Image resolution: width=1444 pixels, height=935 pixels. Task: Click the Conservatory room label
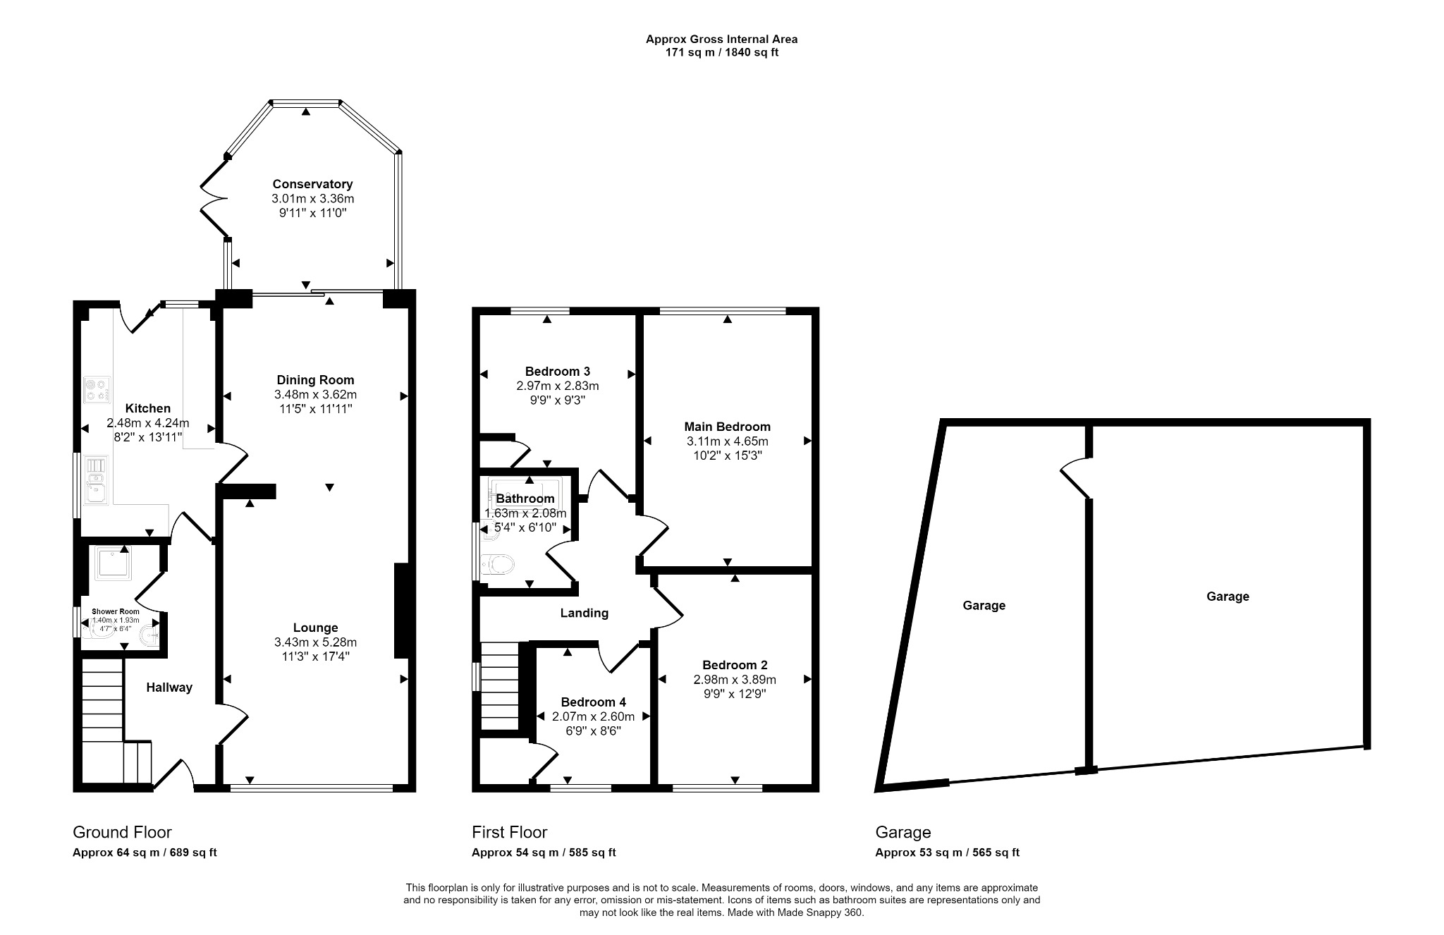[x=312, y=185]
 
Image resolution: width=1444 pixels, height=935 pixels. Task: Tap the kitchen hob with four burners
[x=97, y=390]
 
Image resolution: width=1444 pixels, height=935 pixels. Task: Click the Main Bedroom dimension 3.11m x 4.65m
[x=727, y=441]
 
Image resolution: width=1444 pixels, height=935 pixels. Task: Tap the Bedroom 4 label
[x=593, y=702]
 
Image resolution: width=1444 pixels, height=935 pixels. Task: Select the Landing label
[x=584, y=613]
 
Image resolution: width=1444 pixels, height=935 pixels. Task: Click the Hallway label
[x=169, y=687]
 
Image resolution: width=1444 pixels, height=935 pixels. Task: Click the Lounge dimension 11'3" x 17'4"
[x=315, y=656]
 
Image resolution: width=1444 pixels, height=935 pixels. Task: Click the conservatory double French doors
[x=212, y=197]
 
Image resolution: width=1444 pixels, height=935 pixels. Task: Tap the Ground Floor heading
[x=122, y=832]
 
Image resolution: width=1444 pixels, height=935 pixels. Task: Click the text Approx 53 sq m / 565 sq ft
[x=947, y=853]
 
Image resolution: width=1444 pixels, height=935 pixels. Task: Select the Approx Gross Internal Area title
[x=721, y=39]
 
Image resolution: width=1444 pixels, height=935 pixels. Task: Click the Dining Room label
[x=315, y=380]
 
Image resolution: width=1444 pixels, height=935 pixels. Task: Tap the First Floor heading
[x=509, y=832]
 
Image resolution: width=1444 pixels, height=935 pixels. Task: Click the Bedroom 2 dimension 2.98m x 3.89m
[x=734, y=680]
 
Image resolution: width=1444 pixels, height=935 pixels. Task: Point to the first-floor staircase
[x=499, y=686]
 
